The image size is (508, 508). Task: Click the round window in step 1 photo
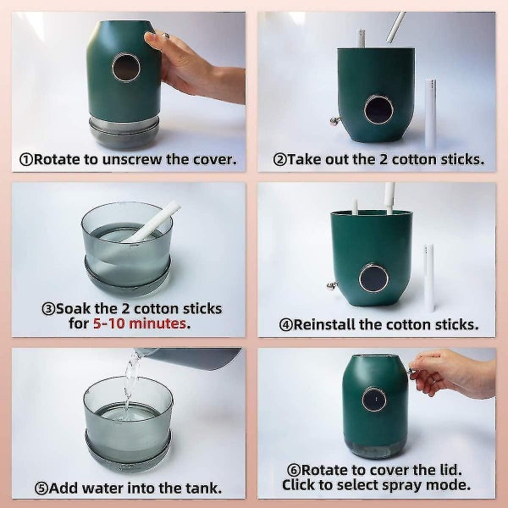coord(125,68)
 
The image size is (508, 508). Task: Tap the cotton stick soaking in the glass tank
coord(151,222)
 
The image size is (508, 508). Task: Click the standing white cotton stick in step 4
coord(428,277)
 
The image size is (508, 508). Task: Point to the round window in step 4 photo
coord(374,278)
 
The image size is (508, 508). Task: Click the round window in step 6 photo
coord(373,399)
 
